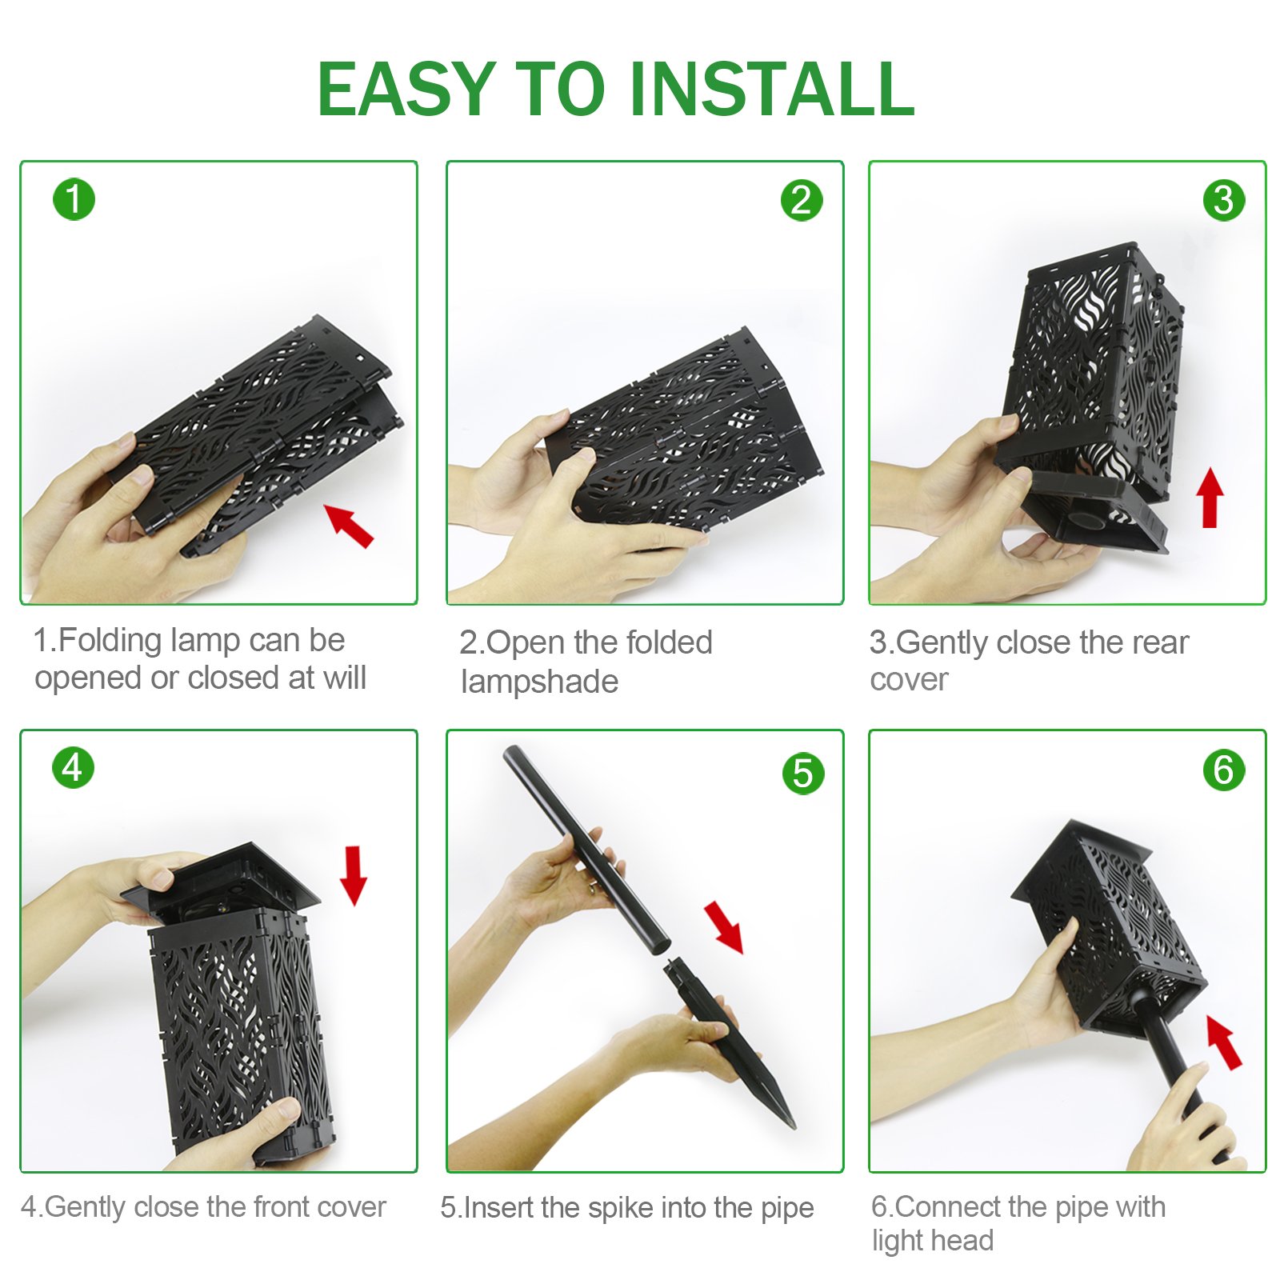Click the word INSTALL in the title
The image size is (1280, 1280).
772,89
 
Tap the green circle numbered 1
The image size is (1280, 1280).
74,199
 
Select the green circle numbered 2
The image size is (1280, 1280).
801,200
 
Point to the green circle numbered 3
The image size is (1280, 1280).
1223,200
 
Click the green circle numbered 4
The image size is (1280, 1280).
73,767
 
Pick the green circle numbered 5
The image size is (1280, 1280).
802,774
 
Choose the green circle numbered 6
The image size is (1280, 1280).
1224,770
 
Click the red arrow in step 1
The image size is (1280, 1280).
348,525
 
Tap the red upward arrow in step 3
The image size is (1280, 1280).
1210,498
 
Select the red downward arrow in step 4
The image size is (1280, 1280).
354,875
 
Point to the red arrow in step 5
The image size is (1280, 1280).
724,927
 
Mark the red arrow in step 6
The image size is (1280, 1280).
1223,1042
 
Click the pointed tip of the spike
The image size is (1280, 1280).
794,1127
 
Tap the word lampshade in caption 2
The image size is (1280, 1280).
540,682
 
